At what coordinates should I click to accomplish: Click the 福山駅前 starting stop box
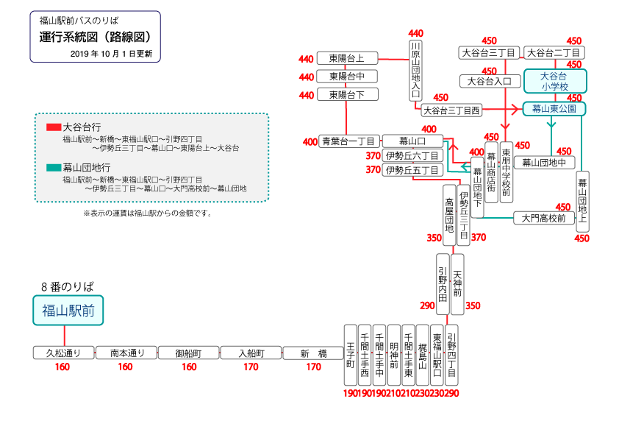68,311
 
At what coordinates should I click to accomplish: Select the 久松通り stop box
63,353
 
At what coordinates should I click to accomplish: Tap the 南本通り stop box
126,353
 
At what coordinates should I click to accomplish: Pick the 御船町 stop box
189,353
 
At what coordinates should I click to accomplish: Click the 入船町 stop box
251,353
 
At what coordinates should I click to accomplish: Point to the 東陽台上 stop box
347,58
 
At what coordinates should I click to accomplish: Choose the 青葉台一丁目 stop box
348,141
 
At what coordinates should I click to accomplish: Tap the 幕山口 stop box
412,141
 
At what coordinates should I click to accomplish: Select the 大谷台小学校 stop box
554,81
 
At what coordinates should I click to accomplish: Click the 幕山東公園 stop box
554,108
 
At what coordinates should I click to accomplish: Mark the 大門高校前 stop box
543,218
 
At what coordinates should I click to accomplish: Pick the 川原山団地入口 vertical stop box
416,70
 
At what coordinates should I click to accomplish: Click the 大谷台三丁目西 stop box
451,110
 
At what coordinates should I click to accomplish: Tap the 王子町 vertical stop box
351,355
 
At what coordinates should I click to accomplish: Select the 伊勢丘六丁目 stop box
412,155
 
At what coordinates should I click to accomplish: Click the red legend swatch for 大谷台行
54,127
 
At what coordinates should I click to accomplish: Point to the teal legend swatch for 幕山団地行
54,167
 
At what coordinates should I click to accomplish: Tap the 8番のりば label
68,286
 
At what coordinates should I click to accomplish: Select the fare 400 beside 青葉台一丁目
310,141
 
